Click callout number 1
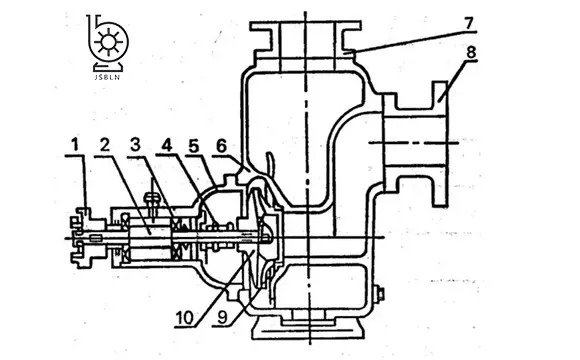tap(75, 144)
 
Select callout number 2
tap(105, 145)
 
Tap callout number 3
tap(135, 145)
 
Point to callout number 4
tap(167, 145)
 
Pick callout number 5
tap(193, 147)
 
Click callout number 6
tap(221, 147)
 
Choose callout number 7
tap(468, 23)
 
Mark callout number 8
tap(471, 52)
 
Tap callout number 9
tap(222, 317)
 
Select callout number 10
tap(185, 317)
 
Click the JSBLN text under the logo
tap(107, 77)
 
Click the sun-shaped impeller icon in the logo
tap(108, 41)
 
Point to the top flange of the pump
tap(305, 25)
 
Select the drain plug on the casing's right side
tap(379, 295)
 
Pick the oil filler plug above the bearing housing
tap(152, 201)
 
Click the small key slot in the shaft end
tap(96, 237)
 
